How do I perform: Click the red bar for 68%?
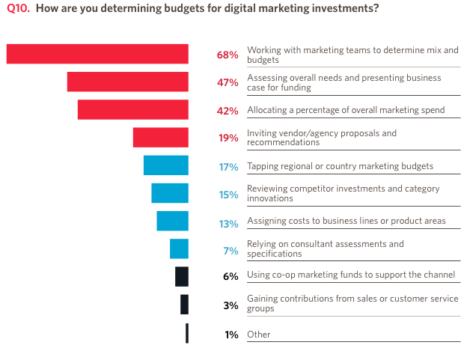[x=97, y=54]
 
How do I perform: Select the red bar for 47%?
[x=127, y=82]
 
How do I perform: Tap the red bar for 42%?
[x=132, y=109]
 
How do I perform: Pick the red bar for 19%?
[x=160, y=138]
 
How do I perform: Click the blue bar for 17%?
[x=165, y=165]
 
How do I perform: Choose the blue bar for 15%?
[x=169, y=193]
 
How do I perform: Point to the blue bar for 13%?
[x=172, y=221]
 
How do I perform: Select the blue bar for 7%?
[x=179, y=248]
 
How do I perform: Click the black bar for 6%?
[x=182, y=276]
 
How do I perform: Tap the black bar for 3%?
[x=184, y=305]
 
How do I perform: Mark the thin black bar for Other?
[x=187, y=333]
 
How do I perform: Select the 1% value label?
[x=231, y=335]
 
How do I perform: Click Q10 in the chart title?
[x=18, y=9]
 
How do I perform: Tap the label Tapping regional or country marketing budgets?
[x=341, y=166]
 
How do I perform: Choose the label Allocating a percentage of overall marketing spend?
[x=346, y=110]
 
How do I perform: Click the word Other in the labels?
[x=259, y=335]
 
